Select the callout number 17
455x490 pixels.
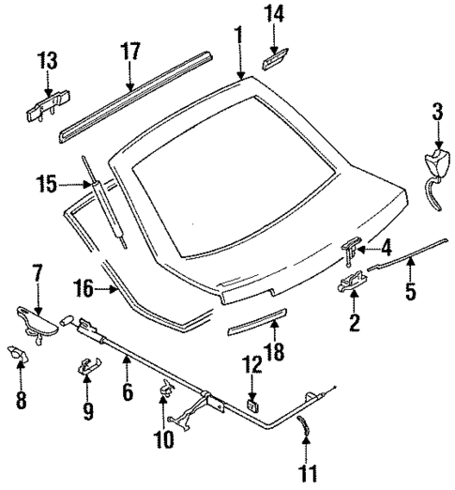[129, 50]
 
